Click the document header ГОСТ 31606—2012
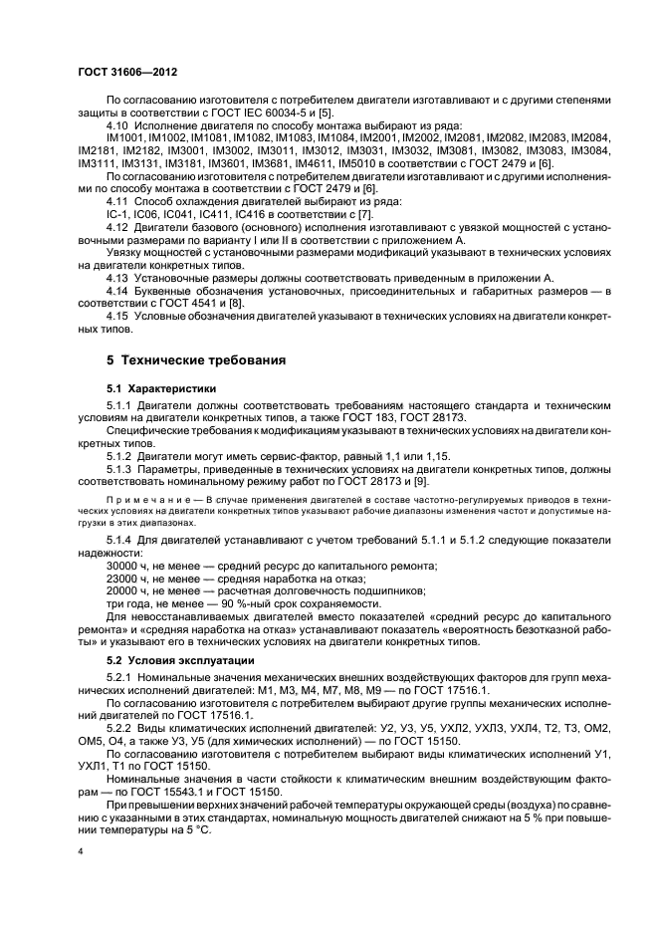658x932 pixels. [126, 73]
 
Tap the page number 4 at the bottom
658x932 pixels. [80, 851]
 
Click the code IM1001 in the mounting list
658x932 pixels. [126, 137]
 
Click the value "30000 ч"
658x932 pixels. [129, 565]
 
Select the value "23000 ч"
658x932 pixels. [129, 578]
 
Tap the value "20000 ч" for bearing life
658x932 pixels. [129, 590]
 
